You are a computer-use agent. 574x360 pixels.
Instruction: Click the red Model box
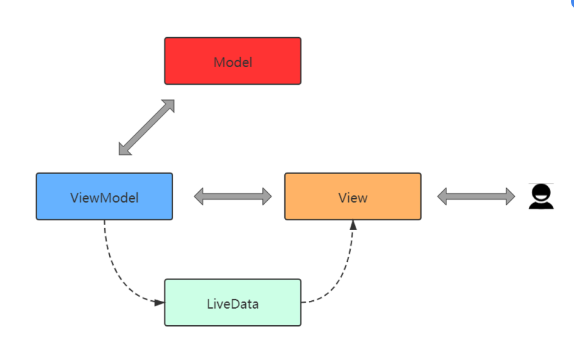[233, 61]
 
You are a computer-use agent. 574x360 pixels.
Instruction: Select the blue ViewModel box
[104, 196]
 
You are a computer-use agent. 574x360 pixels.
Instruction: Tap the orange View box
[353, 196]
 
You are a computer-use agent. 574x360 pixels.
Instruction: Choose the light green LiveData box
[233, 303]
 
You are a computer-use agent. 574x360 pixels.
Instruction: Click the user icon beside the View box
[541, 196]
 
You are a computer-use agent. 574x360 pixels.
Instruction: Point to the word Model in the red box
[233, 62]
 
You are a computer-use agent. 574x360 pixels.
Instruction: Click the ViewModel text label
[104, 198]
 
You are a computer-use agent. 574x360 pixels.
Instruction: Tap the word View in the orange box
[353, 198]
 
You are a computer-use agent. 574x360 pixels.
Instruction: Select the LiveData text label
[233, 304]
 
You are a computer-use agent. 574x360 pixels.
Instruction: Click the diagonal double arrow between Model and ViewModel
[146, 127]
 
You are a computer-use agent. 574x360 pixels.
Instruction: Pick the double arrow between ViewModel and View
[233, 196]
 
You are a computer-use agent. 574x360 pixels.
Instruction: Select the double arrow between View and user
[476, 196]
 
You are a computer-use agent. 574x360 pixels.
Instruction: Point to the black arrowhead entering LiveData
[160, 303]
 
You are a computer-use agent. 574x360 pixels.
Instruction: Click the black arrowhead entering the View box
[353, 225]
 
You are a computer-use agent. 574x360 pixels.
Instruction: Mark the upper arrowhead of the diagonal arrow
[168, 106]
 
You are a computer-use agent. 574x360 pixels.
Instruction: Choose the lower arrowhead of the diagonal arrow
[125, 149]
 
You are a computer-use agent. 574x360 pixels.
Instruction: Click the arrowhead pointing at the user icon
[511, 196]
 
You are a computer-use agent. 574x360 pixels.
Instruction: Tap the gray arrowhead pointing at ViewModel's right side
[198, 196]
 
